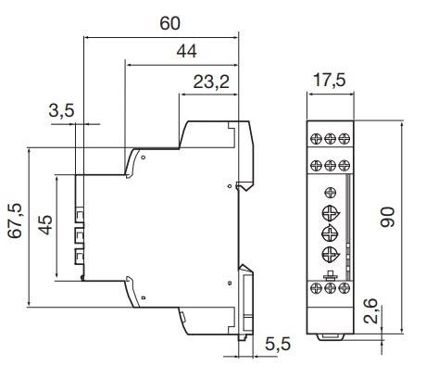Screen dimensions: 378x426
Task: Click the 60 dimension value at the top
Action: (169, 22)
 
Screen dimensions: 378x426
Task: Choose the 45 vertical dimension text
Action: (45, 224)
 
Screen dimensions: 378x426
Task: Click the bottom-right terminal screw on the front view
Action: (345, 289)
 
